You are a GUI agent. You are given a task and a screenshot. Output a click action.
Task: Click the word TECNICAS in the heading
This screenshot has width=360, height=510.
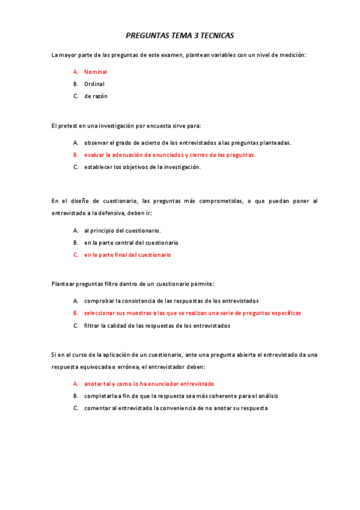218,36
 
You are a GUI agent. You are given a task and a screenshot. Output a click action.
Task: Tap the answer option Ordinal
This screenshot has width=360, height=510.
94,84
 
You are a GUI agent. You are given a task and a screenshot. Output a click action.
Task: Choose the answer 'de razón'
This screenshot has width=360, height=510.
96,96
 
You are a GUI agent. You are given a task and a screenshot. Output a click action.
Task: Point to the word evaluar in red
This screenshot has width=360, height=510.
94,155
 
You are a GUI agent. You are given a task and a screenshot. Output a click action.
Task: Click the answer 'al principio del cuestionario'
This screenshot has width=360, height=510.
123,230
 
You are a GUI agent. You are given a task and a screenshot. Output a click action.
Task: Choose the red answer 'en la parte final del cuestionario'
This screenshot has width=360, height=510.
127,255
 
